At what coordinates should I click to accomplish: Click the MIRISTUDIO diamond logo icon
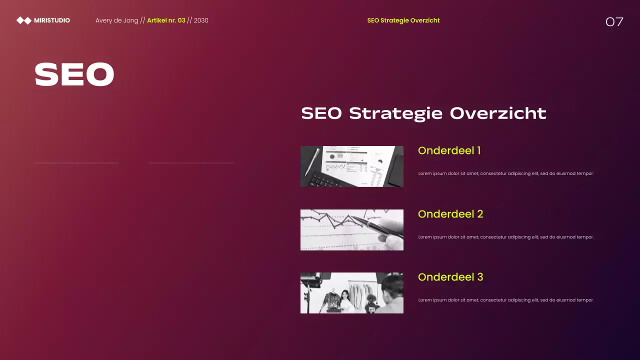pos(23,20)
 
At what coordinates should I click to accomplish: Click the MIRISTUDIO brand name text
pos(52,20)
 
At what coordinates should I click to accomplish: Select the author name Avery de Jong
pos(116,20)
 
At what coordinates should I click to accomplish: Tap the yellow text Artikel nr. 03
pos(166,20)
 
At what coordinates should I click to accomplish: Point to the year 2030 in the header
pos(201,20)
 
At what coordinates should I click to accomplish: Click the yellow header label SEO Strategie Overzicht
pos(403,20)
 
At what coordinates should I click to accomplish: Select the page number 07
pos(614,21)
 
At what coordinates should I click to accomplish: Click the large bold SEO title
pos(74,74)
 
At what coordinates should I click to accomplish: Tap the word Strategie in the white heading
pos(395,113)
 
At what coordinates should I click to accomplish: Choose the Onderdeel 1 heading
pos(449,150)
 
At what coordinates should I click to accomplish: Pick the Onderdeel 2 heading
pos(450,214)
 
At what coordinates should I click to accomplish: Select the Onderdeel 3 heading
pos(450,277)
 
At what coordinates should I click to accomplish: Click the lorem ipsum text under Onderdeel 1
pos(505,173)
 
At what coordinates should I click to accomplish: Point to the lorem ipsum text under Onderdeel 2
pos(505,237)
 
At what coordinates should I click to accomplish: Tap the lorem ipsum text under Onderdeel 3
pos(505,300)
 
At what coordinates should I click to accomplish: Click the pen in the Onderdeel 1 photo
pos(312,161)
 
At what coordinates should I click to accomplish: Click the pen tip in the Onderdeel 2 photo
pos(354,218)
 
